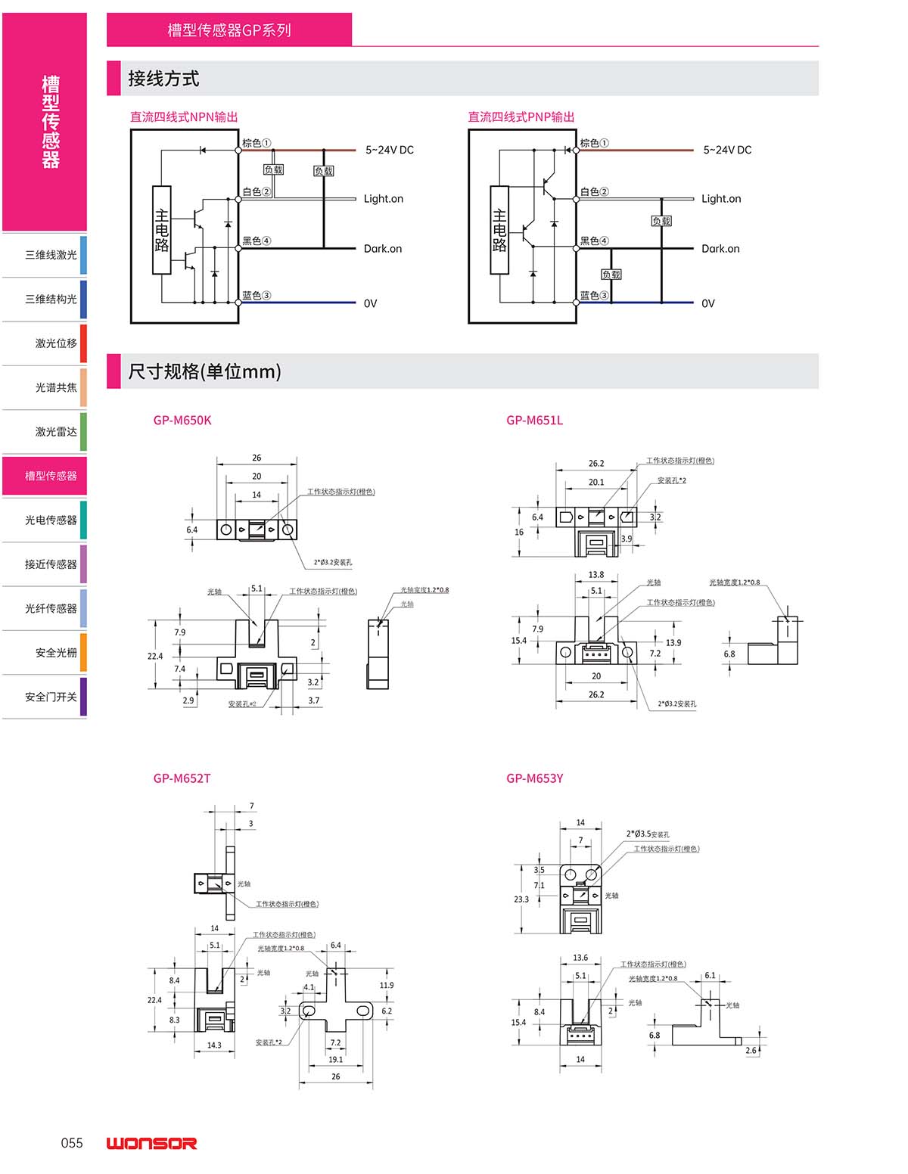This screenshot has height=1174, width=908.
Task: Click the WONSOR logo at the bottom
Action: tap(151, 1143)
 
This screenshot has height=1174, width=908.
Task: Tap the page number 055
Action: tap(72, 1143)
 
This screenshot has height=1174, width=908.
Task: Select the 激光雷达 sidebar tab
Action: tap(55, 432)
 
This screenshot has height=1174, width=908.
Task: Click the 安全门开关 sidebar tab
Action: tap(51, 697)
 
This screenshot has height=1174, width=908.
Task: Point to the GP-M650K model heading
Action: tap(182, 421)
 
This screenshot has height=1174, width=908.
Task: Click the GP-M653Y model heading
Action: tap(534, 778)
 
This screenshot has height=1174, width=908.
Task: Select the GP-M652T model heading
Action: tap(182, 778)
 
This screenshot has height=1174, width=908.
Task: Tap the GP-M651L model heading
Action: tap(534, 421)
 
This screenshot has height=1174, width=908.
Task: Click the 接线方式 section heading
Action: tap(163, 79)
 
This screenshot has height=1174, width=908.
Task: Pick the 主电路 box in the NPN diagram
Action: tap(161, 229)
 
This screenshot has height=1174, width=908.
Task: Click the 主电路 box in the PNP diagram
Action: tap(499, 229)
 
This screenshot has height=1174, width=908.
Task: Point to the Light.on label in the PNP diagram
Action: tap(721, 199)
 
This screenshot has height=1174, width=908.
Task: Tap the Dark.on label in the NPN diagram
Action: tap(383, 249)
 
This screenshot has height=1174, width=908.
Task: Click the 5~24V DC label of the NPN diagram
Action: tap(390, 150)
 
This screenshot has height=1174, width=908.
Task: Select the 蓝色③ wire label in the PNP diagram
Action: tap(594, 296)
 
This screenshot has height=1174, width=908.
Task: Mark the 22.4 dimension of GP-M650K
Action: tap(155, 656)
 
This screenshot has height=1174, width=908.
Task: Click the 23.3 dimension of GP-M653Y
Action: tap(521, 899)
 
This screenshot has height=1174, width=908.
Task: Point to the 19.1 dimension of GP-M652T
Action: tap(336, 1059)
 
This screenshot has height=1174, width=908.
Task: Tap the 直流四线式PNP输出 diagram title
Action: tap(521, 116)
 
